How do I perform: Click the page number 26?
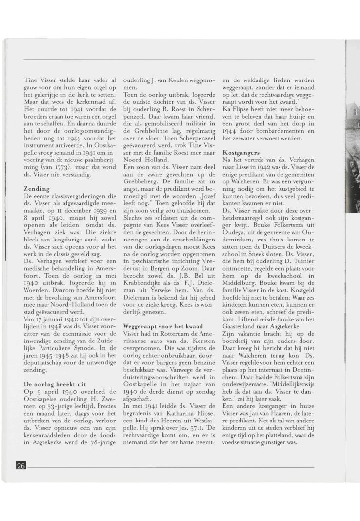tap(21, 466)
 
